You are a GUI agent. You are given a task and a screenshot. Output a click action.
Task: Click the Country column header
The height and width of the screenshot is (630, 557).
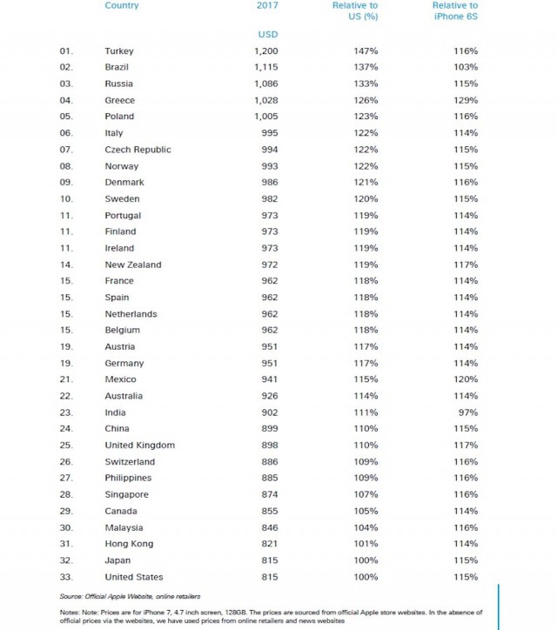click(121, 6)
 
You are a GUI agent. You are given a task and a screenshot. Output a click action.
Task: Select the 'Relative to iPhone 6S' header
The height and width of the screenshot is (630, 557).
click(454, 11)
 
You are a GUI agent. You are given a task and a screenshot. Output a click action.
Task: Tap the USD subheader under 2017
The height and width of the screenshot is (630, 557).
click(267, 34)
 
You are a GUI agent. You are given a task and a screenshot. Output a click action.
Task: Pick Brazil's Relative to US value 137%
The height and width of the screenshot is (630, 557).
click(366, 68)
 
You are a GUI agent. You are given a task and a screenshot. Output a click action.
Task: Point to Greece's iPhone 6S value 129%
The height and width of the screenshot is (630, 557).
click(466, 101)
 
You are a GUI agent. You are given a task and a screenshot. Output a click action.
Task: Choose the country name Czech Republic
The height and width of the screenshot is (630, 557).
click(138, 150)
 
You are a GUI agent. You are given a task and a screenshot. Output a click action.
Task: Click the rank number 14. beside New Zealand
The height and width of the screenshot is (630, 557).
click(66, 265)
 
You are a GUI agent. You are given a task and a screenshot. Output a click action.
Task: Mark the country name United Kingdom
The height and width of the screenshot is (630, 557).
click(139, 446)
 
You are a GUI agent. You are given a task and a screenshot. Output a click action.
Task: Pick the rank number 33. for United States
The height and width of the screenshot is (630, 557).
click(66, 577)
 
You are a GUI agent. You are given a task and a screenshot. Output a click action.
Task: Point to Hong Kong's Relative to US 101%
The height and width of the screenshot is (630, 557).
click(366, 544)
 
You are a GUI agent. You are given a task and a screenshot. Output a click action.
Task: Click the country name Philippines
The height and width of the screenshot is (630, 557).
click(128, 479)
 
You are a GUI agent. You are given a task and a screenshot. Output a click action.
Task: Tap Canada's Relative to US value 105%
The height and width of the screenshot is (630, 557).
click(366, 512)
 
